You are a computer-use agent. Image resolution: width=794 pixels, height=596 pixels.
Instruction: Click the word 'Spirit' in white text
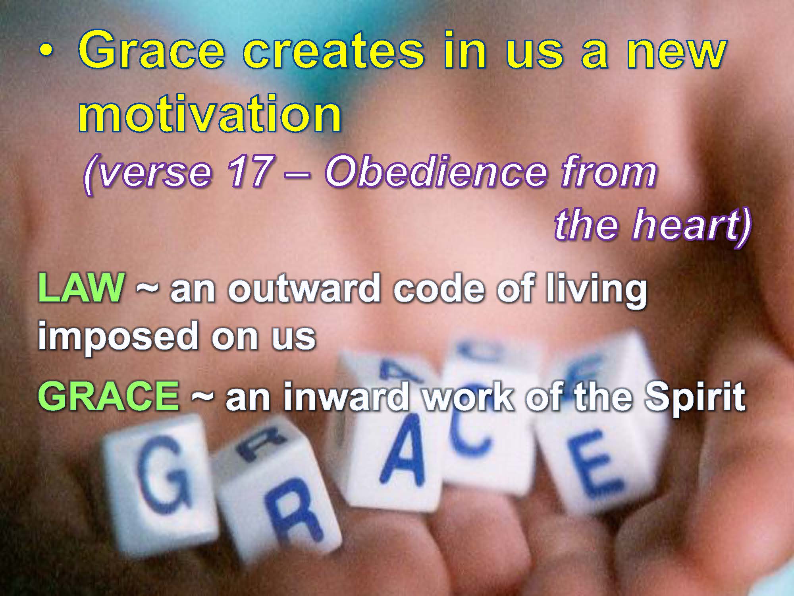tap(695, 397)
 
